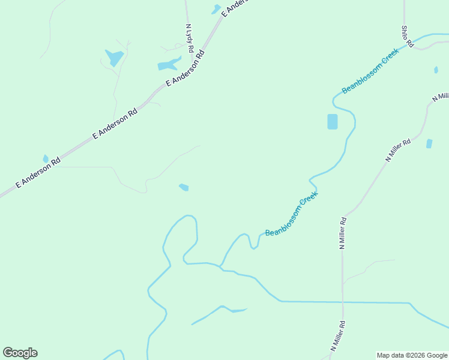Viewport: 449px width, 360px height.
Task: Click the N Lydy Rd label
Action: [190, 38]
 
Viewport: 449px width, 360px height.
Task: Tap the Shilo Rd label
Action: [407, 36]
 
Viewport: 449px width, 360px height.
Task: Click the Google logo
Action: [20, 353]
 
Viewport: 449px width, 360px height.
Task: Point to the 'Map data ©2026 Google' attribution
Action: [412, 355]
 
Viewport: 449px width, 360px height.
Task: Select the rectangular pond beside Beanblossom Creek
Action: [332, 121]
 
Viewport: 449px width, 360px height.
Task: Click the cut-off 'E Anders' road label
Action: [234, 7]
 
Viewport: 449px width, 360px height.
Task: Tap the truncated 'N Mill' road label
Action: [440, 98]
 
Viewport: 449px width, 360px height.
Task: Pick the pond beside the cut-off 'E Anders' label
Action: [216, 9]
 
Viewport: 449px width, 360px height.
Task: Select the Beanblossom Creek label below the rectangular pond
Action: [291, 213]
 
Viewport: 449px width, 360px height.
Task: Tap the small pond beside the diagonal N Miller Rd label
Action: [429, 143]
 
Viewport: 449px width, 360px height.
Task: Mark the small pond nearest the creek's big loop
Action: [184, 188]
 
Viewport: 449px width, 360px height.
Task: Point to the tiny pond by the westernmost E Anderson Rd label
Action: [46, 159]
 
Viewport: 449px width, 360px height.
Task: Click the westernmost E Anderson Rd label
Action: [38, 173]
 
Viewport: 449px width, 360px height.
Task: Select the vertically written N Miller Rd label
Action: [342, 233]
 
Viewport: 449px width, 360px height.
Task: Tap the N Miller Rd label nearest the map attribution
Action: [339, 336]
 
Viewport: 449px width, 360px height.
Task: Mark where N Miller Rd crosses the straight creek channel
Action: [343, 302]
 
